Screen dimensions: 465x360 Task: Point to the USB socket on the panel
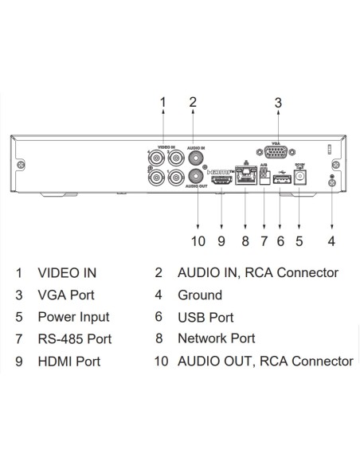[280, 181]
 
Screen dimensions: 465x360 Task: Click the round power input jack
[300, 179]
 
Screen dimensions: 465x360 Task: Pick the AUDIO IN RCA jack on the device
[192, 157]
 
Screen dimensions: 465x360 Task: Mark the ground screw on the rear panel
[331, 183]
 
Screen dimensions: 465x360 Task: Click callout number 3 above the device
[277, 103]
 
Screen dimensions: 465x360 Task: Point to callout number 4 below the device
[331, 240]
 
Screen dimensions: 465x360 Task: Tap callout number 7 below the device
[264, 240]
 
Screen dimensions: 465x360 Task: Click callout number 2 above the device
[192, 101]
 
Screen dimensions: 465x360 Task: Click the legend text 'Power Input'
[73, 317]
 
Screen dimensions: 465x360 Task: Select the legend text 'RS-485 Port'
[74, 339]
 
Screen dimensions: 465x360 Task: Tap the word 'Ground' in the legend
[199, 295]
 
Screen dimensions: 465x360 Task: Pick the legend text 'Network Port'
[216, 338]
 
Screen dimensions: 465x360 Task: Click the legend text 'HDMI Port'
[68, 361]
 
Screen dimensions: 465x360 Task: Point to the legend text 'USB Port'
[205, 317]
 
